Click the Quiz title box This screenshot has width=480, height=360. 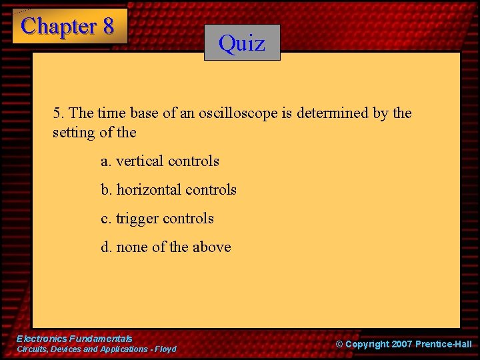click(x=242, y=43)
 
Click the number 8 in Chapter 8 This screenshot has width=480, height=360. click(x=107, y=26)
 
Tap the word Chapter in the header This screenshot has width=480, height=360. click(x=59, y=26)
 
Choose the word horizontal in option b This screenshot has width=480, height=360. click(x=149, y=190)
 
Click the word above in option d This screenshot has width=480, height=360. click(x=211, y=247)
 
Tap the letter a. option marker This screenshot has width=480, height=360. click(x=106, y=161)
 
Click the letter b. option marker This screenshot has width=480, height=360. click(x=107, y=190)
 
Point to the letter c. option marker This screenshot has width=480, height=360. click(x=106, y=219)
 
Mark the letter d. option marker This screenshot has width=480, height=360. click(x=107, y=247)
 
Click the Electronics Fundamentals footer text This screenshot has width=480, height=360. click(x=74, y=339)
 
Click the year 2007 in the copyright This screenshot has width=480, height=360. click(x=399, y=345)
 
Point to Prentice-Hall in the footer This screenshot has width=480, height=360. click(x=443, y=345)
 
